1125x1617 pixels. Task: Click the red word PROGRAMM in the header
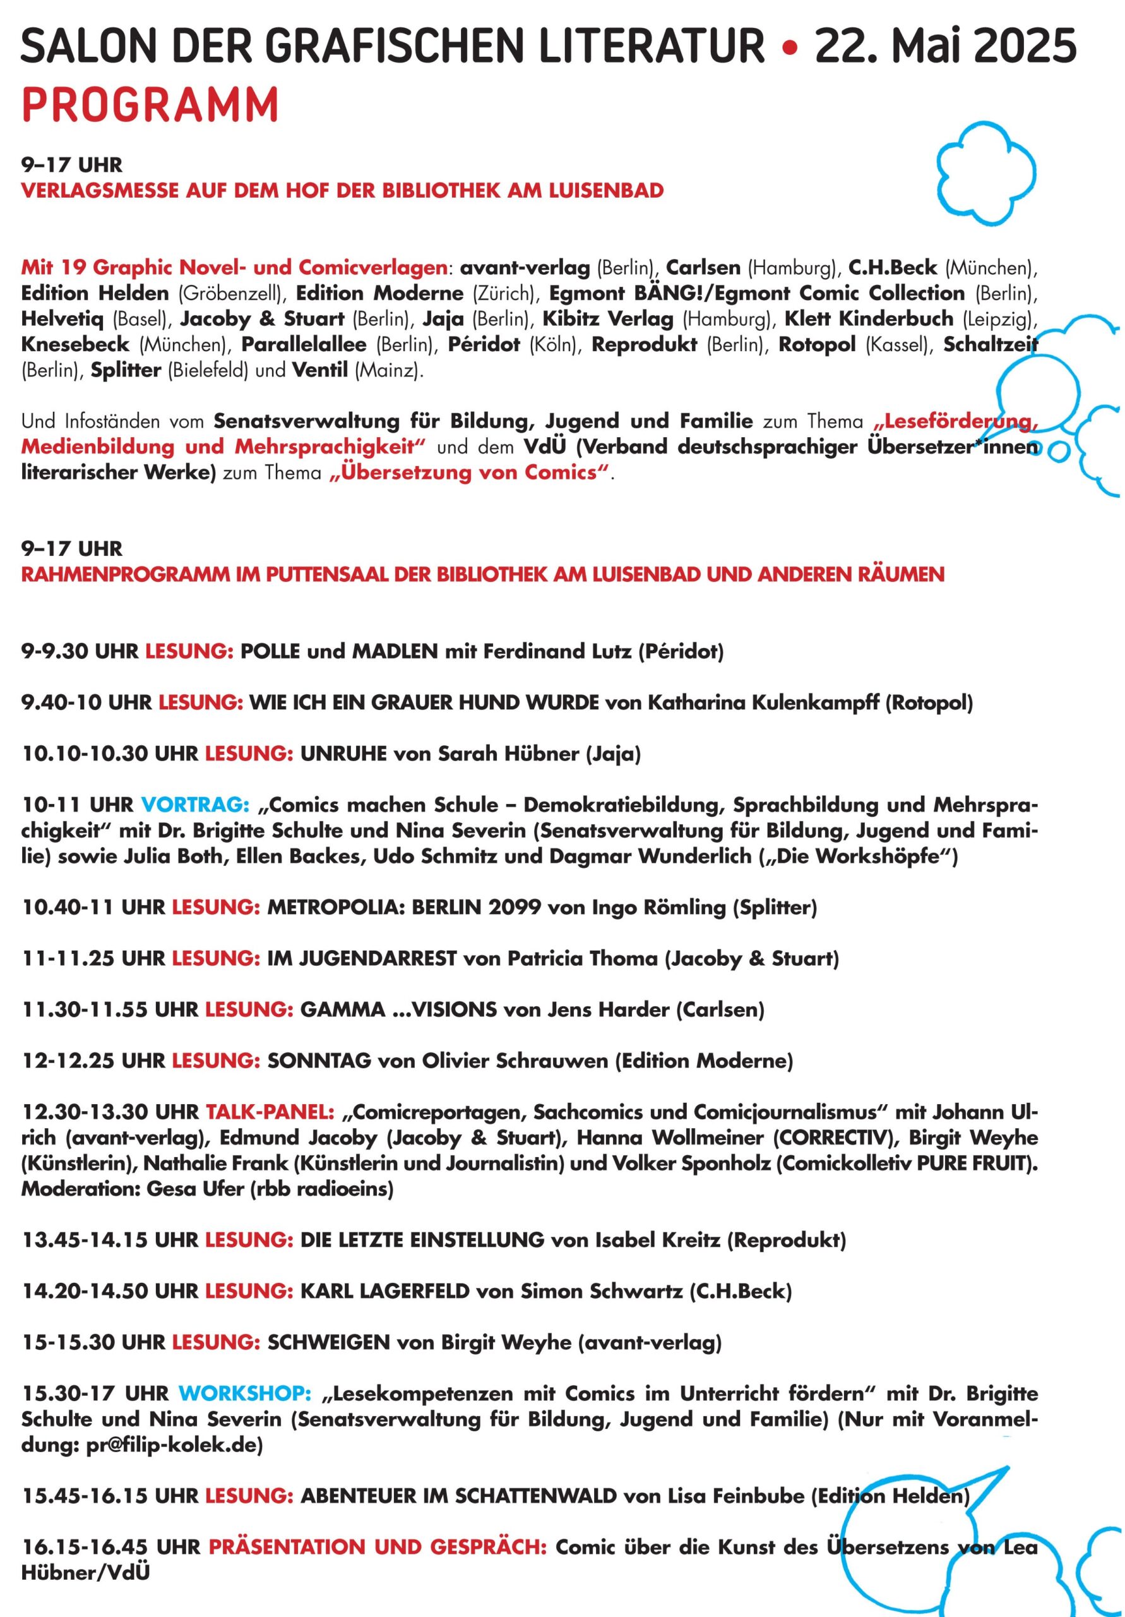pyautogui.click(x=150, y=105)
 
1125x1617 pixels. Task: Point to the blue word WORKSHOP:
pyautogui.click(x=245, y=1394)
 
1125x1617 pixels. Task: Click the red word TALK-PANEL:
pyautogui.click(x=270, y=1113)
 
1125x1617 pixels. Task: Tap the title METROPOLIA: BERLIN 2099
pyautogui.click(x=403, y=908)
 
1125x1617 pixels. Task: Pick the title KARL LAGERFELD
pyautogui.click(x=384, y=1292)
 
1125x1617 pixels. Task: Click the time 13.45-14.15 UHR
pyautogui.click(x=110, y=1240)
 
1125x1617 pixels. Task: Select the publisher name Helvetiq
pyautogui.click(x=62, y=319)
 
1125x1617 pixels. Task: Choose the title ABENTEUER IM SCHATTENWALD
pyautogui.click(x=458, y=1496)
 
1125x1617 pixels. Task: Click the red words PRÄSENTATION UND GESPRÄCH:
pyautogui.click(x=378, y=1548)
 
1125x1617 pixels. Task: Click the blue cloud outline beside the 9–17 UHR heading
pyautogui.click(x=985, y=172)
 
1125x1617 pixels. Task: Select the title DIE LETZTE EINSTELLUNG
pyautogui.click(x=422, y=1240)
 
